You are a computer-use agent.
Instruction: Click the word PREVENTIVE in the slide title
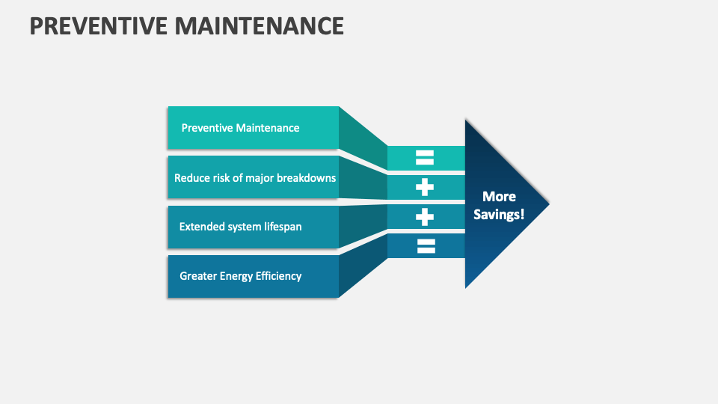99,25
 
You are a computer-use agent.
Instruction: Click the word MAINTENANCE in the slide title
260,25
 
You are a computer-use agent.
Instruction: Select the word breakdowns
307,178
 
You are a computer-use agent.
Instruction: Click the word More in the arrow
499,197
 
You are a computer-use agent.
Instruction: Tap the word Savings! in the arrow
499,215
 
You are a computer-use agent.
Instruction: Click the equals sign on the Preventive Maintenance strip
425,158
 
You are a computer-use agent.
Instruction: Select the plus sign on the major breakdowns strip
425,187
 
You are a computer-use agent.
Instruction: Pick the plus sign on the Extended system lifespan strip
425,217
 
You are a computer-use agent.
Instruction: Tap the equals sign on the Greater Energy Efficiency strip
426,246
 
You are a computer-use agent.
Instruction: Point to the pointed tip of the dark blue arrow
549,204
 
